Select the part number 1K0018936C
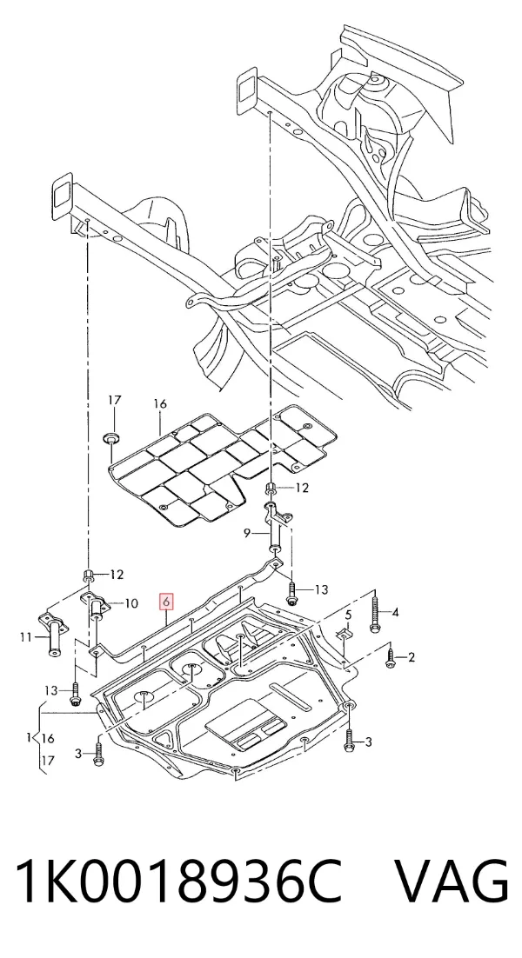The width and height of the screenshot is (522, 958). [x=177, y=881]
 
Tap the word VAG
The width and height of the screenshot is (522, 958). [x=452, y=881]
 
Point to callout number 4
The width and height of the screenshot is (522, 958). [x=395, y=612]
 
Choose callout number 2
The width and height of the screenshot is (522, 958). [x=412, y=657]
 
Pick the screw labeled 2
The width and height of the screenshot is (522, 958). [x=391, y=657]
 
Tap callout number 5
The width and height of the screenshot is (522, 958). [x=348, y=614]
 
